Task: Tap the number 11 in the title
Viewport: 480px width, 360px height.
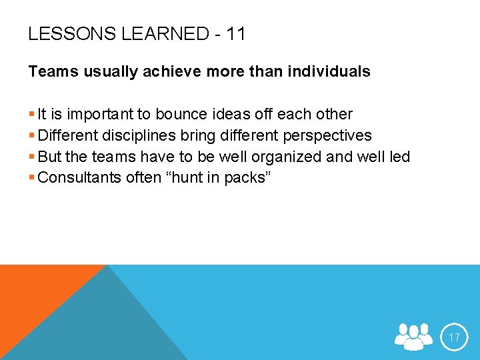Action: (235, 34)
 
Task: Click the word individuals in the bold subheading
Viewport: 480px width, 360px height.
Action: (331, 72)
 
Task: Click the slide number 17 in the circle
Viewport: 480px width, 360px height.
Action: (454, 337)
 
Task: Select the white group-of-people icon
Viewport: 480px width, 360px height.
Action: (414, 337)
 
